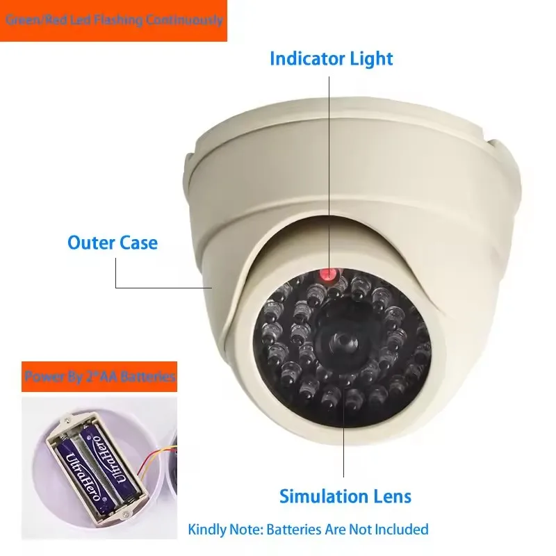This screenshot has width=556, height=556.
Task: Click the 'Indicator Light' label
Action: [x=331, y=58]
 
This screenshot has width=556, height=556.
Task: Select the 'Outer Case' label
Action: [x=113, y=243]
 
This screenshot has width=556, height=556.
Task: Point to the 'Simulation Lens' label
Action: [x=345, y=496]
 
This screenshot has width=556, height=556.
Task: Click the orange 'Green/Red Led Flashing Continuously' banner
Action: [x=113, y=20]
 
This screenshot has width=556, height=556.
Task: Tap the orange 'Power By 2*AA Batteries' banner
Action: [x=99, y=377]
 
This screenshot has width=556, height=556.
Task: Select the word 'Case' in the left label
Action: [x=138, y=243]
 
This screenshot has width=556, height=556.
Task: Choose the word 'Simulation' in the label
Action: [x=321, y=496]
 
